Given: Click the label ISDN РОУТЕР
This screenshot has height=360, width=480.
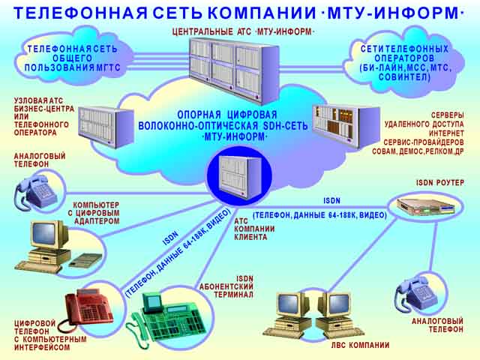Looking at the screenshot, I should (x=440, y=182).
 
